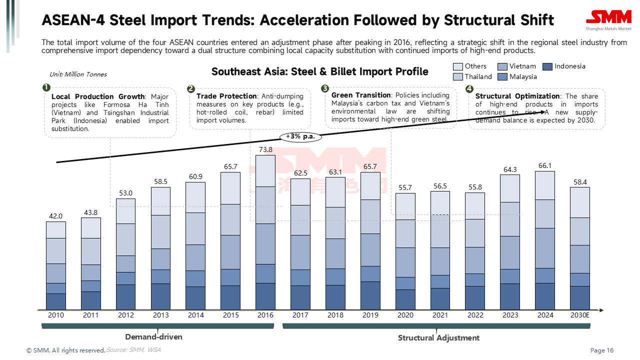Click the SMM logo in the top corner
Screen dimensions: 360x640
point(608,18)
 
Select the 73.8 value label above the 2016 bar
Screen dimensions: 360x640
point(265,149)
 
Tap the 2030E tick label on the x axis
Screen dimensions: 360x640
point(580,315)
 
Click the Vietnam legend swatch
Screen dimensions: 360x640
point(502,66)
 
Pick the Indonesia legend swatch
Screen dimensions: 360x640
point(547,66)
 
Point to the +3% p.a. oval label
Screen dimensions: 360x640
point(300,136)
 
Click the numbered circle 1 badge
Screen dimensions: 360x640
point(46,87)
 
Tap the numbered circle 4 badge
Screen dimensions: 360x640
point(469,89)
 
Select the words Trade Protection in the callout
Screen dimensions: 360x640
point(226,96)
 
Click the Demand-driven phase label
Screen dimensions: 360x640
point(153,337)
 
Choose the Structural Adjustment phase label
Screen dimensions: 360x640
point(438,338)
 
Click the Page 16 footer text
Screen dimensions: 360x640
point(602,350)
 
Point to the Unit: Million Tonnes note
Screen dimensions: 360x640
point(78,74)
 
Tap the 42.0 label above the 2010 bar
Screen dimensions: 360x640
point(55,216)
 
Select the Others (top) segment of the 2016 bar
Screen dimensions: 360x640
point(265,170)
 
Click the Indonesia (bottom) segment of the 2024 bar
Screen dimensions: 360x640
point(545,296)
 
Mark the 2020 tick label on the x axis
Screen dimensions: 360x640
point(405,315)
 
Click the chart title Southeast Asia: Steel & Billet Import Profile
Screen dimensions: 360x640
point(320,71)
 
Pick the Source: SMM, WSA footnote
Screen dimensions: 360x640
point(133,350)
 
